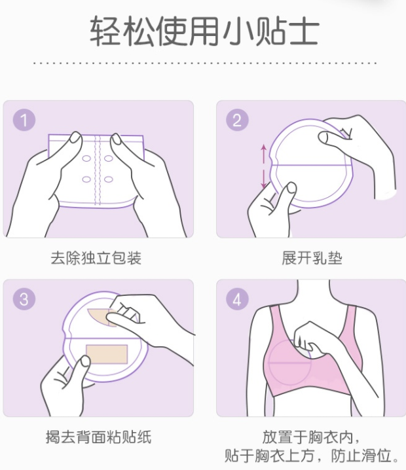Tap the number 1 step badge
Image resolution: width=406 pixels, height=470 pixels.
coord(24,120)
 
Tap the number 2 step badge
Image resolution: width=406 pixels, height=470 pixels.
coord(236,120)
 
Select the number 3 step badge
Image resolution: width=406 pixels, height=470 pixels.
coord(24,299)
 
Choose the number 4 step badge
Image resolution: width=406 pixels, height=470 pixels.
coord(236,299)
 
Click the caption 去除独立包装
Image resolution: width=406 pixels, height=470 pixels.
coord(96,258)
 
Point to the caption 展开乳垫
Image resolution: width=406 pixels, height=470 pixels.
coord(312,258)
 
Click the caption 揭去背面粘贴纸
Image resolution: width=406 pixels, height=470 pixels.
coord(98,437)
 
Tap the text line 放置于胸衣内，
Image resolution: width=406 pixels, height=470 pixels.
coord(312,436)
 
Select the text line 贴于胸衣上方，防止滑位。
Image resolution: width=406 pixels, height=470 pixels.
coord(312,455)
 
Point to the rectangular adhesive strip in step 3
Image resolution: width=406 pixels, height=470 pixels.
coord(105,353)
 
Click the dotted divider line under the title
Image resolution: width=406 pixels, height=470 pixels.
coord(203,63)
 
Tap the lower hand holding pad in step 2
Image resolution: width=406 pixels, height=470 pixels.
coord(270,208)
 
